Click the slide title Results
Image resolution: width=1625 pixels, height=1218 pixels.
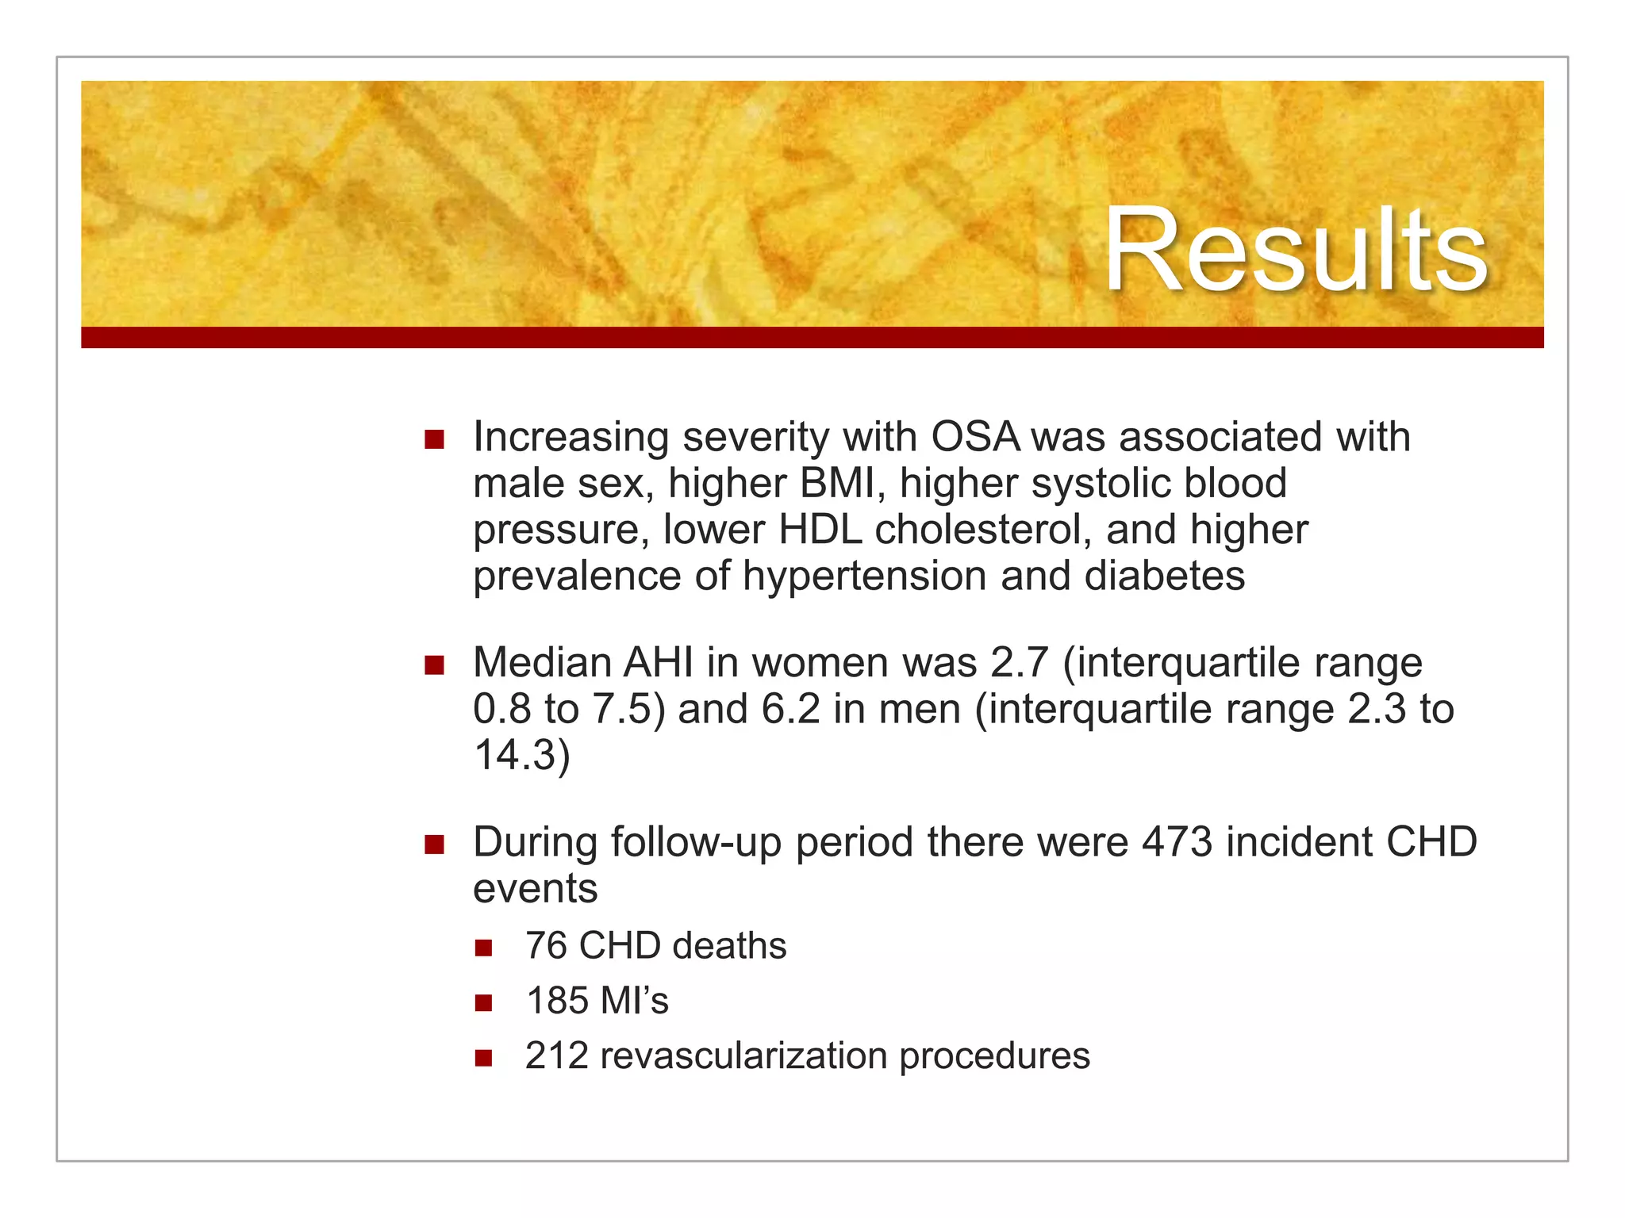pos(1295,250)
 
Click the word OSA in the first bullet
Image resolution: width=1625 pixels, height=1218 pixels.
pos(975,437)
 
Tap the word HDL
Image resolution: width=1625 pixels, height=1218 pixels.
pos(820,530)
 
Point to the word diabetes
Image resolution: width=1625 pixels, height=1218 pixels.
pos(1164,576)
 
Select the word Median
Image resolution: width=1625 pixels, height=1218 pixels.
pos(540,662)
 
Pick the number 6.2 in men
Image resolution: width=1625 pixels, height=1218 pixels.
pos(790,709)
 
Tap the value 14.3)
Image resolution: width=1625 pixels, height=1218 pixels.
pos(521,755)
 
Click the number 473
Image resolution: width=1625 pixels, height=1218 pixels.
pos(1177,842)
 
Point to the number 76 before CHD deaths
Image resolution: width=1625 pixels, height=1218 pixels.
pos(546,946)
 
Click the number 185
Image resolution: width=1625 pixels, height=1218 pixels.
pos(558,1001)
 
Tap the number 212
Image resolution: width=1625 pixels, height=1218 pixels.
pos(556,1056)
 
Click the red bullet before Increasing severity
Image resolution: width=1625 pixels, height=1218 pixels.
pos(434,439)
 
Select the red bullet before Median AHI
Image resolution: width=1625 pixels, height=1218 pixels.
pos(434,665)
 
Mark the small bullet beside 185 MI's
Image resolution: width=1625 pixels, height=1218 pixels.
pos(484,1003)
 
